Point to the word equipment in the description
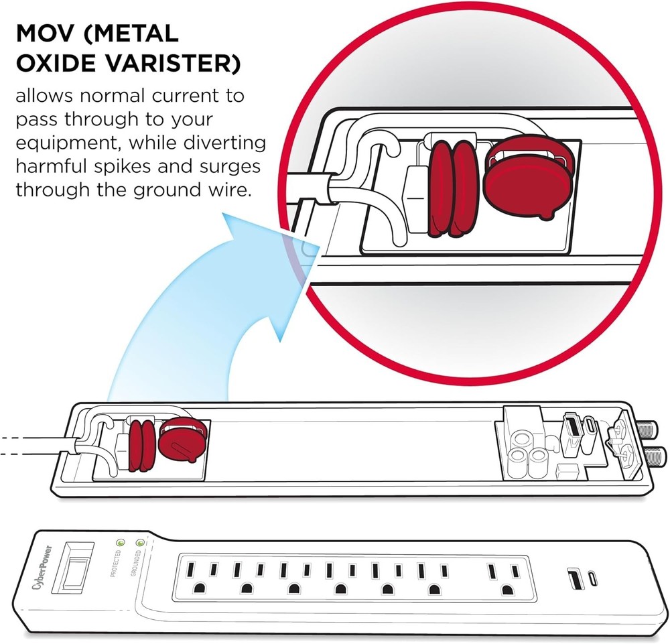(66, 143)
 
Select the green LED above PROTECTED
(121, 542)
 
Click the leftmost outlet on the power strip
(201, 578)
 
